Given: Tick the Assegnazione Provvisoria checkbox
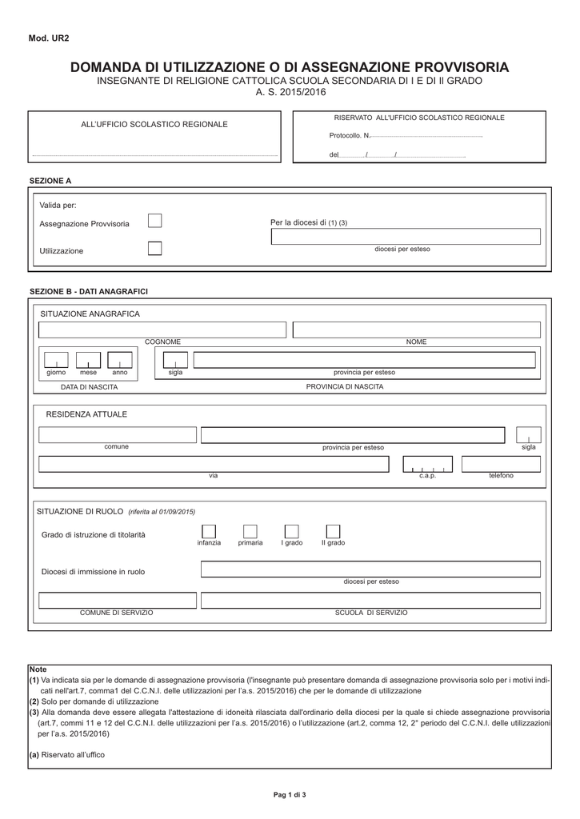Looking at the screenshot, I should pyautogui.click(x=155, y=222).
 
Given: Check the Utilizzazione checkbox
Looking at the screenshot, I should pyautogui.click(x=155, y=249).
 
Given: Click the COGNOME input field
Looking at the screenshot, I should pyautogui.click(x=162, y=330).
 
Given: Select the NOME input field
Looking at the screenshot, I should pyautogui.click(x=417, y=330).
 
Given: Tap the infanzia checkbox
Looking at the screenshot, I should pyautogui.click(x=209, y=532).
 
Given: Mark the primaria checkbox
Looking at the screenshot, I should pyautogui.click(x=250, y=532).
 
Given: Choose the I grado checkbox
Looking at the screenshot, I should pyautogui.click(x=292, y=532).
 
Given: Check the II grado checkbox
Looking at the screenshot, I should pyautogui.click(x=334, y=532).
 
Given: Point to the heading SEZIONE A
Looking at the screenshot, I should pyautogui.click(x=50, y=181).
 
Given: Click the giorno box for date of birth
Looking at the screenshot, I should pyautogui.click(x=56, y=361).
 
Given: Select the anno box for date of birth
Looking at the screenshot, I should pyautogui.click(x=119, y=361).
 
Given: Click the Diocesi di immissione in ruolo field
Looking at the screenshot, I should pyautogui.click(x=370, y=569).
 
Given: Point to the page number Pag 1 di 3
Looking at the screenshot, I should pyautogui.click(x=290, y=794).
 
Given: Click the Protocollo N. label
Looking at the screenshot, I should pyautogui.click(x=350, y=136).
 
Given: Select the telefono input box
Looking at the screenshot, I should pyautogui.click(x=501, y=464).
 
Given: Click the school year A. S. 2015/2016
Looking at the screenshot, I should pyautogui.click(x=290, y=94).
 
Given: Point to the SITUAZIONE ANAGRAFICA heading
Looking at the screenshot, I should pyautogui.click(x=90, y=314).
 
